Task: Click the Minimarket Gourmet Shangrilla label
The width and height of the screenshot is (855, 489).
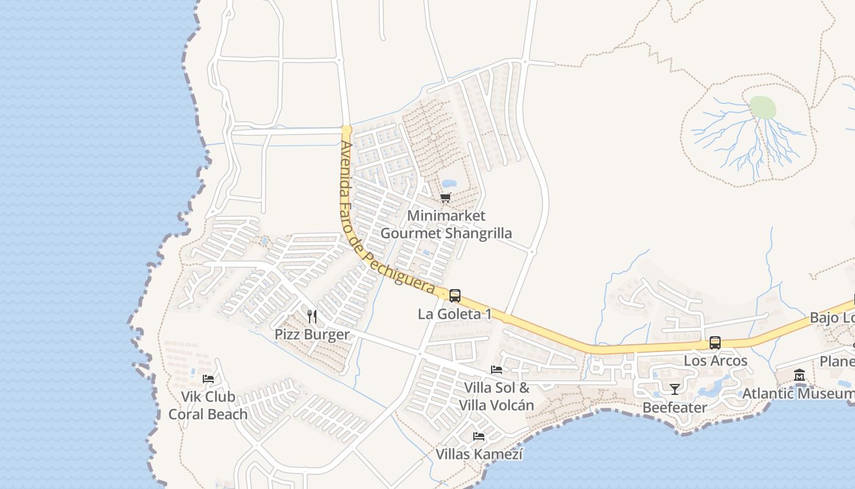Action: click(446, 224)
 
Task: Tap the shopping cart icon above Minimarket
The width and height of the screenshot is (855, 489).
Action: click(446, 197)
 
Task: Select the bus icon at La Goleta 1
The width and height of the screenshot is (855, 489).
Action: click(455, 296)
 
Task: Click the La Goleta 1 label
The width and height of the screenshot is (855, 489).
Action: click(454, 314)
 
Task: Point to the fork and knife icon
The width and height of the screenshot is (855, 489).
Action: click(312, 316)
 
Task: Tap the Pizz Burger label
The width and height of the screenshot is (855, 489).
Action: click(312, 334)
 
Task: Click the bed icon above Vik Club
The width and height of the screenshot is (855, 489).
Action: click(208, 379)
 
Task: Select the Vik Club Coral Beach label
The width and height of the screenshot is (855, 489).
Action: click(208, 405)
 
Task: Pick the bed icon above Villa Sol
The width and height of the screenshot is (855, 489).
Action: click(497, 370)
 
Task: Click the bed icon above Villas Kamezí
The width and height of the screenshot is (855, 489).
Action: click(479, 436)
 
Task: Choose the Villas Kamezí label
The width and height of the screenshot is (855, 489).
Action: click(479, 455)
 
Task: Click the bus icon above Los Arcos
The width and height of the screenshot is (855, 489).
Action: click(715, 343)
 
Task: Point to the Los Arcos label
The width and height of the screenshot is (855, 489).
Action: click(715, 361)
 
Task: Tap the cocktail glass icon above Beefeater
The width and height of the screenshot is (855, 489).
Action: click(675, 389)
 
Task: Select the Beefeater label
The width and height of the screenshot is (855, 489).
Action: click(675, 407)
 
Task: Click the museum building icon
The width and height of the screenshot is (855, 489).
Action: click(799, 375)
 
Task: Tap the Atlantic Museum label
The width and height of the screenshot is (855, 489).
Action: click(798, 393)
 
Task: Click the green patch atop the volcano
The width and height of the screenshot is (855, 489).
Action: click(762, 108)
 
